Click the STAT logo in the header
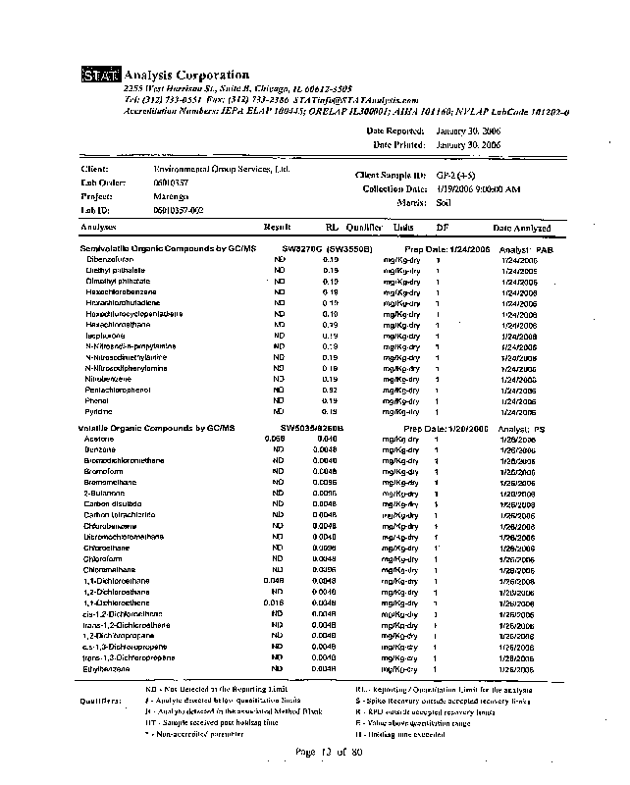(98, 76)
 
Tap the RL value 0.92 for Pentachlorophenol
(331, 390)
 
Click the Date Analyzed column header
(521, 228)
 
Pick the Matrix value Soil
(444, 202)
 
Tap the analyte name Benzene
(100, 449)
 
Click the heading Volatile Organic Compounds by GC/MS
(157, 429)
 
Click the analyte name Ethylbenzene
(110, 668)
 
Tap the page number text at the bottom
(330, 752)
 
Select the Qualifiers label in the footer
(101, 702)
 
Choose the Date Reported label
(395, 131)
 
